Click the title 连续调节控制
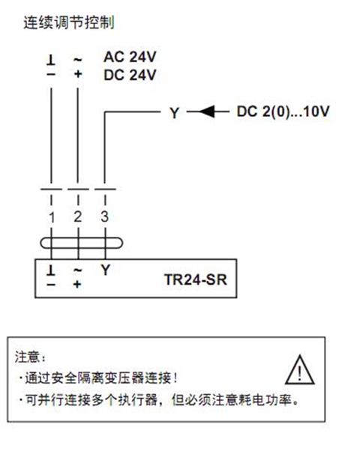point(69,22)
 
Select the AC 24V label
point(130,57)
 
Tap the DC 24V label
point(130,75)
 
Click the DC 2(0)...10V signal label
point(283,112)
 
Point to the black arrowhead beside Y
point(207,112)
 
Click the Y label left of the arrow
point(175,113)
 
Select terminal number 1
point(52,217)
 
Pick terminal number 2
point(77,217)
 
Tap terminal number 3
point(105,217)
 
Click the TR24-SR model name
point(196,279)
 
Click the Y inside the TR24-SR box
point(106,270)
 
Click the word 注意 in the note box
point(27,357)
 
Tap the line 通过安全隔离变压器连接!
point(100,378)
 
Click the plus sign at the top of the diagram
point(77,74)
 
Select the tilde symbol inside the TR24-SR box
point(77,270)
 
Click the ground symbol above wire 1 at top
point(51,60)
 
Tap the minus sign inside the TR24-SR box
point(51,284)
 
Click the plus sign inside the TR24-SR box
point(77,284)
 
